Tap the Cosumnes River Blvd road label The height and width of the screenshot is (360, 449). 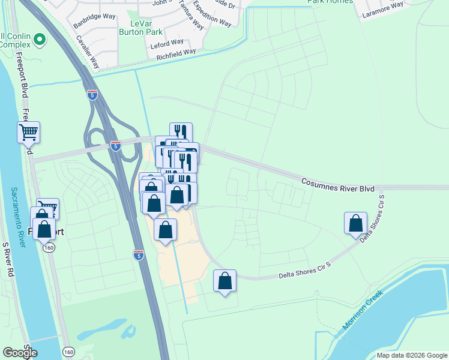tap(337, 184)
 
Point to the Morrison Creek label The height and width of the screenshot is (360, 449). tap(363, 311)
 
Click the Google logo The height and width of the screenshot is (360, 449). tap(20, 353)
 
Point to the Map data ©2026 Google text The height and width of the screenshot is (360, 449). tap(412, 355)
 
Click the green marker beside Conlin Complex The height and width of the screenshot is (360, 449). tap(40, 41)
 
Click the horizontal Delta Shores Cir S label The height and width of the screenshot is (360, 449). tap(305, 275)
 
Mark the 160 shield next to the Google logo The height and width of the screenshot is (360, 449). tap(68, 352)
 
